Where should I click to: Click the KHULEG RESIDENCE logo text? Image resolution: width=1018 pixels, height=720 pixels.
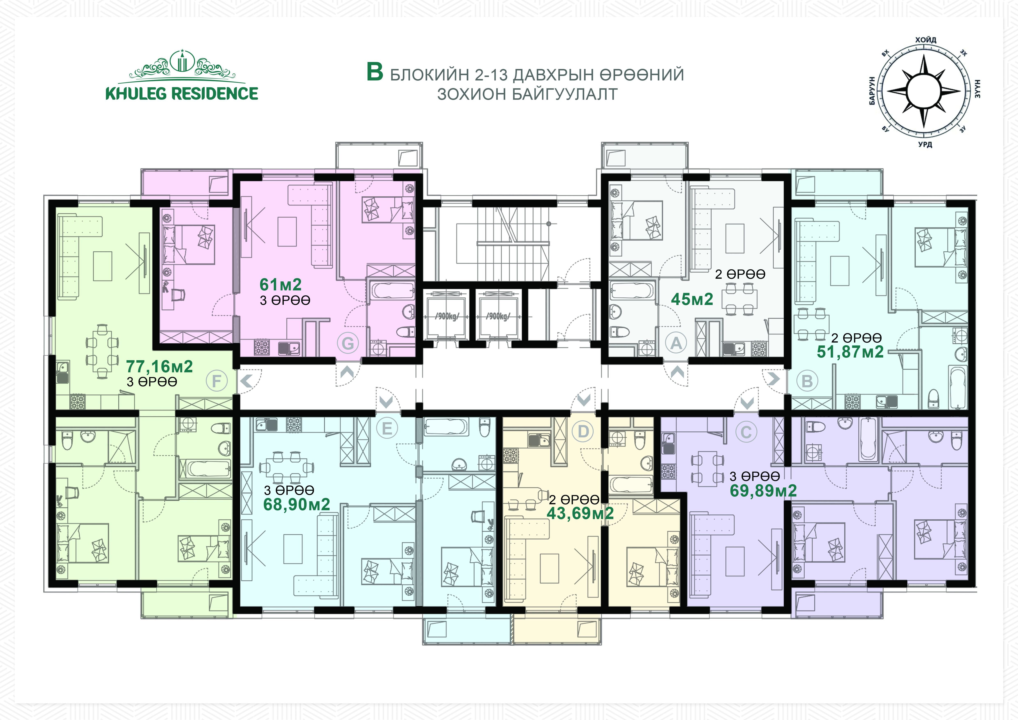coord(182,94)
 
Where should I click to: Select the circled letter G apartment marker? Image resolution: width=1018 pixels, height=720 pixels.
coord(348,343)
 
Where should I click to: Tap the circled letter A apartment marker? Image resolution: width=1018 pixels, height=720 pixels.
coord(676,343)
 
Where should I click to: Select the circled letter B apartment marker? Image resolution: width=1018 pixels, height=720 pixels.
coord(807,381)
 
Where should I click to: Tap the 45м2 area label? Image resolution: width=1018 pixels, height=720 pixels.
coord(692,299)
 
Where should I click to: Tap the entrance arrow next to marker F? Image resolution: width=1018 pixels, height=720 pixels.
coord(246,380)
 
